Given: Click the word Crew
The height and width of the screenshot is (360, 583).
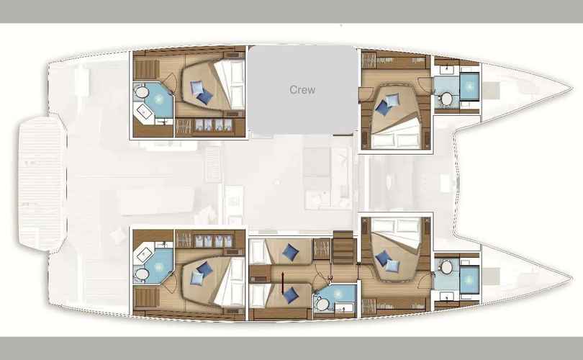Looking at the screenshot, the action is [x=302, y=89].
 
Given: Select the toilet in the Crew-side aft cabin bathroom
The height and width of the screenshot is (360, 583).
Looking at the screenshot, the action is [x=140, y=91].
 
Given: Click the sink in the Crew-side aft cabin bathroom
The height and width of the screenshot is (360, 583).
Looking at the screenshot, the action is [x=143, y=111].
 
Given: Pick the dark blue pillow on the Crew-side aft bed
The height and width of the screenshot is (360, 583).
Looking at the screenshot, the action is [x=204, y=97].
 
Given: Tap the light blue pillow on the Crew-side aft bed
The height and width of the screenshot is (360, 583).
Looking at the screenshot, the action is [x=196, y=87].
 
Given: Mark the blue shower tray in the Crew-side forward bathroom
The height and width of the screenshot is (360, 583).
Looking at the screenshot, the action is [x=469, y=86].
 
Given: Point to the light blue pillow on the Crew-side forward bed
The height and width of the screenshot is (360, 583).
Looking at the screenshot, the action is [x=393, y=100].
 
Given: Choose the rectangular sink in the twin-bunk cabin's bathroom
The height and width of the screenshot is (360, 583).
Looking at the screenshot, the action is [x=344, y=307].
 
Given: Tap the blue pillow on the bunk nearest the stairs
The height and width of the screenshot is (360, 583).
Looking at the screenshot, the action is [x=290, y=253].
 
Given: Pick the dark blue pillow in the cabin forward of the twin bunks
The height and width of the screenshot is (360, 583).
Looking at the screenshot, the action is [x=382, y=257].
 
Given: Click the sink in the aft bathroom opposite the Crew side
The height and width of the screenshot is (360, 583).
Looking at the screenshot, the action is [x=143, y=254].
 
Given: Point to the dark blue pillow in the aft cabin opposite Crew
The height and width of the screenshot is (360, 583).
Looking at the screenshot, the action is [x=204, y=269].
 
